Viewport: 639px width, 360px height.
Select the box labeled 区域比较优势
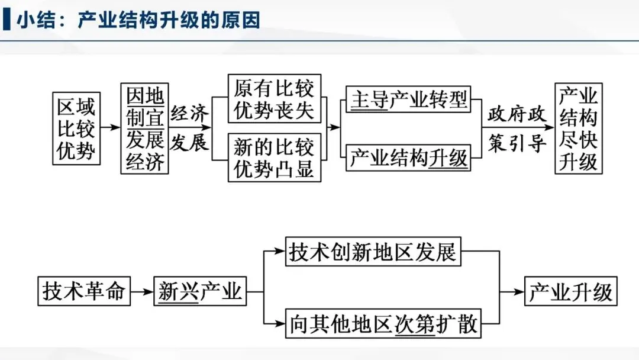(76, 128)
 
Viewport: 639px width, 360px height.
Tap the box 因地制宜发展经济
(144, 128)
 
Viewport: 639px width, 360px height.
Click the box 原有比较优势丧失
(274, 99)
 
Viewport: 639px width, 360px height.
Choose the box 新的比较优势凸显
(274, 157)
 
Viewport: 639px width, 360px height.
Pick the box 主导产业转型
(408, 99)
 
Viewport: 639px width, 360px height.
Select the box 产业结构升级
(408, 158)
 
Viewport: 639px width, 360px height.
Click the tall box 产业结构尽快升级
(578, 128)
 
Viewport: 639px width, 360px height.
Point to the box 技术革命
(83, 292)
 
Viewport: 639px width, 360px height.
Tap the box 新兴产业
(201, 292)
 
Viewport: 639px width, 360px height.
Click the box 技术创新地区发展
(373, 252)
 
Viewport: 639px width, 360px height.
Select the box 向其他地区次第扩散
(383, 324)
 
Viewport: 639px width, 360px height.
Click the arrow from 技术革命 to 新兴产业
(141, 292)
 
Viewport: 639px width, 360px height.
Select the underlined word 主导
(369, 99)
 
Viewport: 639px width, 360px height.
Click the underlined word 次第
(415, 324)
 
